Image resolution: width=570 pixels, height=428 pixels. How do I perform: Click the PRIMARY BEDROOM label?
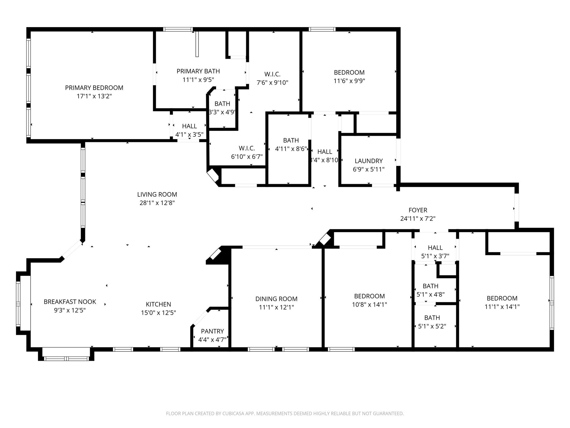(x=94, y=88)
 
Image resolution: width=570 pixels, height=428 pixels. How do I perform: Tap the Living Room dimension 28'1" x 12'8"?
(x=157, y=203)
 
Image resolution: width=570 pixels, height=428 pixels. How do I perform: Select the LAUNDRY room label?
(x=368, y=161)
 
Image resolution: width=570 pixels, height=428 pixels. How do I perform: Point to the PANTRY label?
(x=212, y=331)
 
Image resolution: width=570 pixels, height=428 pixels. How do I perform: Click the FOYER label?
(x=418, y=210)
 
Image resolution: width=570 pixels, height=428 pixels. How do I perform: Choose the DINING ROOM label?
(x=276, y=299)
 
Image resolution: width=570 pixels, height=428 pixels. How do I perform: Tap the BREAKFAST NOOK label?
(x=70, y=301)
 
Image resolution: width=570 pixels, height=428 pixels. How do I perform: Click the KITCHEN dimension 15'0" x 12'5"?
(x=158, y=313)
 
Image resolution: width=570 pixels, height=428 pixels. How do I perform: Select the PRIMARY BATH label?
(x=198, y=71)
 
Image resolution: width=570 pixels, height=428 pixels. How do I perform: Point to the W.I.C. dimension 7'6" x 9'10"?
(x=272, y=82)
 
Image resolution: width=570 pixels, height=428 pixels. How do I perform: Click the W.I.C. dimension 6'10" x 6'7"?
(x=247, y=157)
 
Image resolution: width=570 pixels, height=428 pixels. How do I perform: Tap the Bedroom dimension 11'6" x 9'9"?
(x=349, y=81)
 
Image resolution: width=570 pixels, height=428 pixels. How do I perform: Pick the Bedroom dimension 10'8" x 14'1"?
(x=369, y=305)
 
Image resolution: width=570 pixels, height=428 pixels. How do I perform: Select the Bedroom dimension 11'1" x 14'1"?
(x=502, y=307)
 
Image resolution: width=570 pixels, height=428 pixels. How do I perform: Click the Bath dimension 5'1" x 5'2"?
(x=432, y=326)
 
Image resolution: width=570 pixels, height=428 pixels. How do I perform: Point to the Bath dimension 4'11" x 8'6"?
(x=291, y=149)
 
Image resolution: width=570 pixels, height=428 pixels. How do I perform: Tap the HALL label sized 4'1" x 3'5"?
(x=189, y=126)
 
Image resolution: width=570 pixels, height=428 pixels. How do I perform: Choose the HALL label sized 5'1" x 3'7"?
(x=435, y=247)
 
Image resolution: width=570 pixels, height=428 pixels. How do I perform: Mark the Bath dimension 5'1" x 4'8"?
(x=431, y=294)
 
